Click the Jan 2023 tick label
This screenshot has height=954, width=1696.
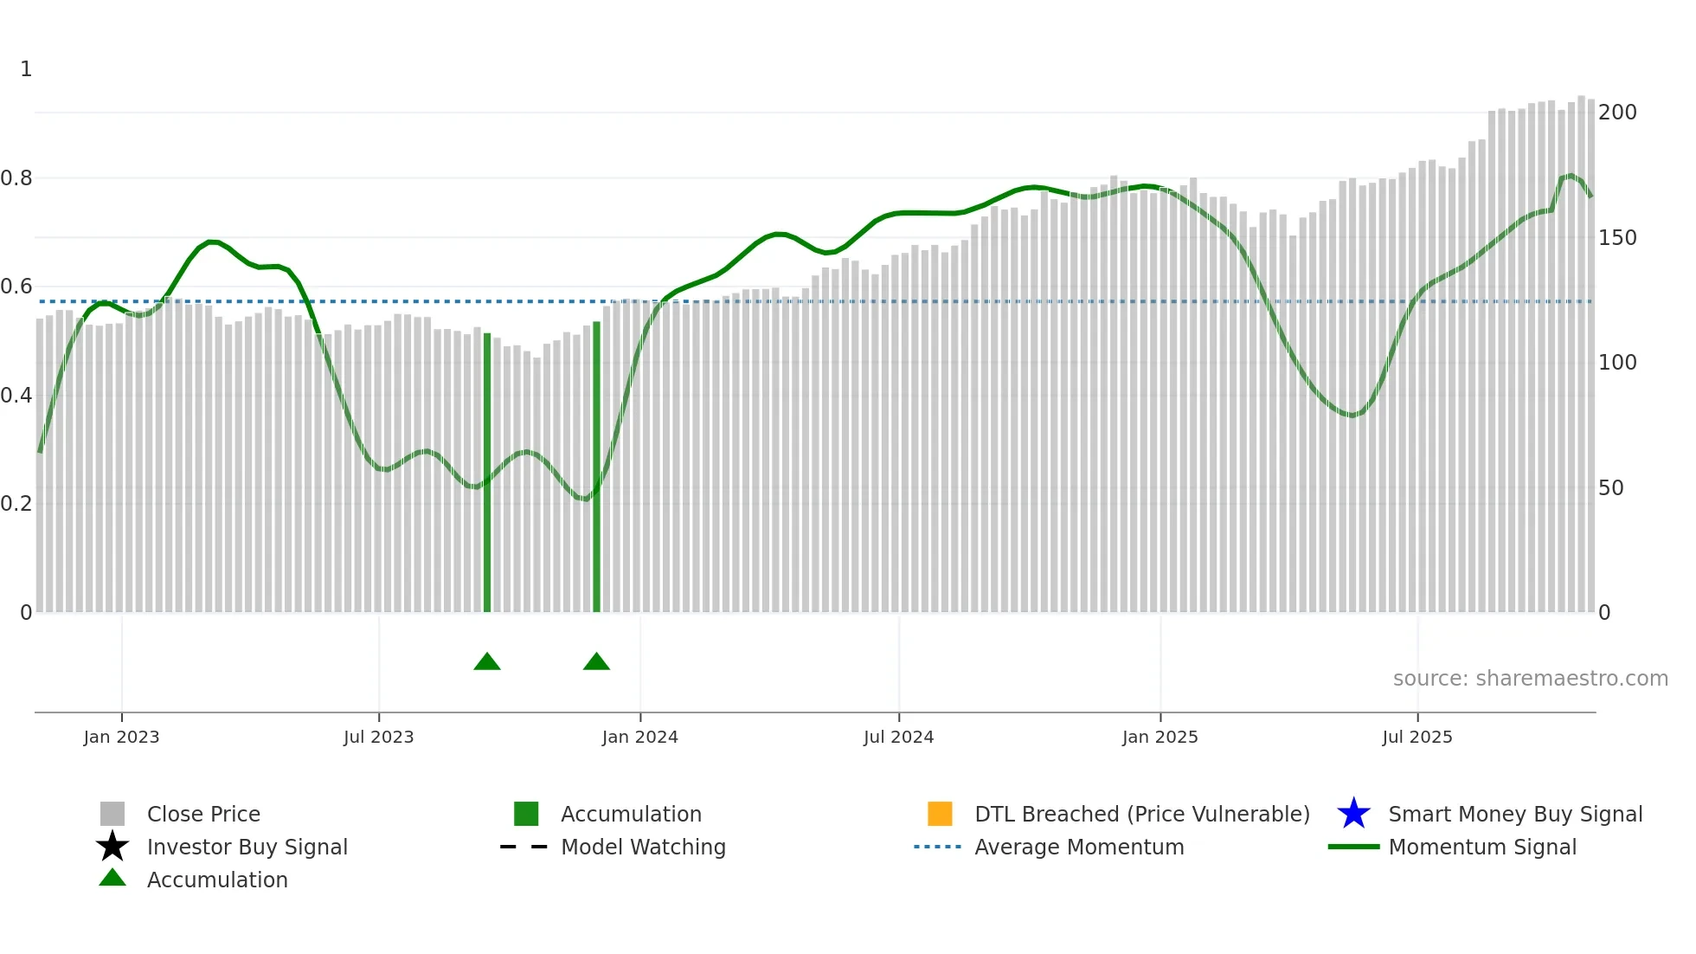pyautogui.click(x=121, y=737)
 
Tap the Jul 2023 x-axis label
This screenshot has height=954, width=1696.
pyautogui.click(x=378, y=737)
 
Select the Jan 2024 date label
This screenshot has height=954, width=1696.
pyautogui.click(x=639, y=737)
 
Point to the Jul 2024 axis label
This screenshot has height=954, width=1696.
pyautogui.click(x=898, y=737)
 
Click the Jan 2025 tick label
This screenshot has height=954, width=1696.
pyautogui.click(x=1160, y=737)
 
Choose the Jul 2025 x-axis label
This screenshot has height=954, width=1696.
pyautogui.click(x=1417, y=737)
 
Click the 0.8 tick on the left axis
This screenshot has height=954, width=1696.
pyautogui.click(x=16, y=178)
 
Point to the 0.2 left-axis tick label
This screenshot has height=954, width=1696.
pyautogui.click(x=16, y=504)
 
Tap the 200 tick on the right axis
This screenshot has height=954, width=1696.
pyautogui.click(x=1617, y=113)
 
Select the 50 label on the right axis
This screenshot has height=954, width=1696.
pyautogui.click(x=1611, y=488)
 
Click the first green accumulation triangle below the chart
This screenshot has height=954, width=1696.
pyautogui.click(x=487, y=662)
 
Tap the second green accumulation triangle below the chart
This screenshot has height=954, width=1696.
pyautogui.click(x=596, y=662)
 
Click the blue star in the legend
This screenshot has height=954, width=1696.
pyautogui.click(x=1353, y=814)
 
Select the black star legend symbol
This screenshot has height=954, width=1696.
pyautogui.click(x=112, y=847)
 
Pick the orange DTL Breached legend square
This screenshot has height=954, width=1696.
pyautogui.click(x=940, y=814)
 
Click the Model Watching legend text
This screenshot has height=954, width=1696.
pyautogui.click(x=643, y=847)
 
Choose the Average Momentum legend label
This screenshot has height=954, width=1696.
pyautogui.click(x=1079, y=847)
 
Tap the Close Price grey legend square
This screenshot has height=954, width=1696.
pyautogui.click(x=112, y=814)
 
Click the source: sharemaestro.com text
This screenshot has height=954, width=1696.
pyautogui.click(x=1530, y=679)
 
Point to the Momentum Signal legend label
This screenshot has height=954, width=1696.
pyautogui.click(x=1482, y=847)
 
